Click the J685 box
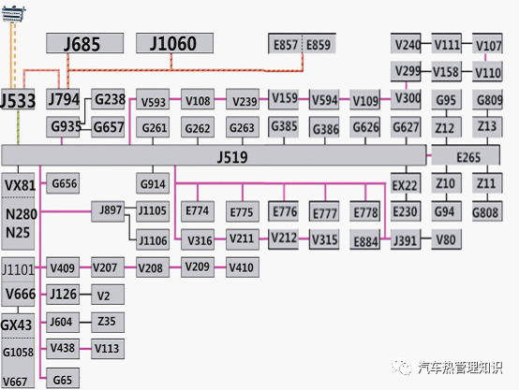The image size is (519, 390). (84, 43)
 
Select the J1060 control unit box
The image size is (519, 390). (174, 43)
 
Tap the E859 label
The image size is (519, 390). (319, 45)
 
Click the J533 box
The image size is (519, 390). (17, 100)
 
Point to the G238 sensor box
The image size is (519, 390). (108, 99)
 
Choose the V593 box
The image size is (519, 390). (153, 99)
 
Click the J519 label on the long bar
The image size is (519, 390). (232, 157)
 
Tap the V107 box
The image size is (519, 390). (487, 43)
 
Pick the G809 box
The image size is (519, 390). (487, 99)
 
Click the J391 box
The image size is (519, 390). (406, 239)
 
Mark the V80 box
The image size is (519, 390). (446, 239)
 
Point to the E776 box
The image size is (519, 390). (283, 211)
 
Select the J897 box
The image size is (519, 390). (108, 211)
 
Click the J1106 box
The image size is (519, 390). (153, 239)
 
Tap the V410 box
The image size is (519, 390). (243, 267)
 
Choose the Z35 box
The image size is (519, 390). (108, 323)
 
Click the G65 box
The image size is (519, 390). (63, 378)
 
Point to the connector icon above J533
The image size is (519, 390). (13, 14)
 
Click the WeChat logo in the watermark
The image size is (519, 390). (402, 367)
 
